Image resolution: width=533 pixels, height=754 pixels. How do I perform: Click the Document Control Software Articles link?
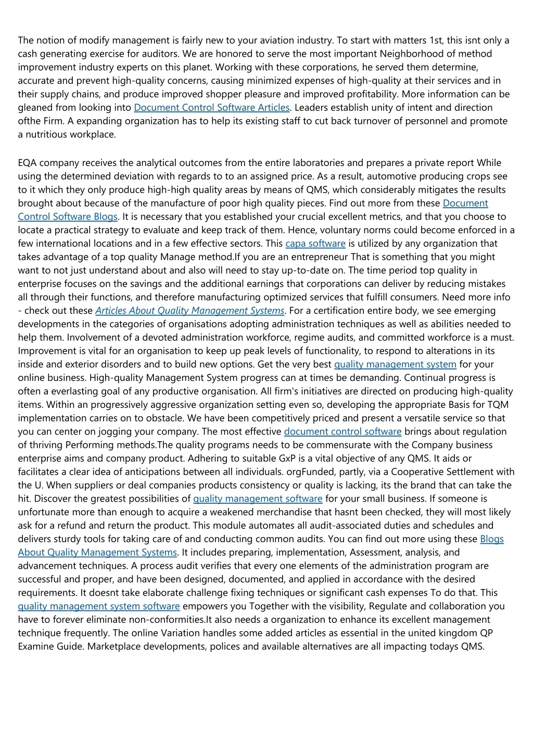pyautogui.click(x=211, y=108)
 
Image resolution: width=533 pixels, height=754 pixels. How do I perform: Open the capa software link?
pyautogui.click(x=315, y=244)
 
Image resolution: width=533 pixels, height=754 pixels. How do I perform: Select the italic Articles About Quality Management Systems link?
pyautogui.click(x=190, y=311)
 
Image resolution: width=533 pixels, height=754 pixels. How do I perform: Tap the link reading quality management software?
pyautogui.click(x=258, y=499)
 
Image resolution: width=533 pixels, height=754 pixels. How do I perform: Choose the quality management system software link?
pyautogui.click(x=99, y=606)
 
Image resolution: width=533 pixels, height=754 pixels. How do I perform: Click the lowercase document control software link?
pyautogui.click(x=342, y=431)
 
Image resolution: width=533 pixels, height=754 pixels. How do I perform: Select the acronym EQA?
pyautogui.click(x=29, y=163)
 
